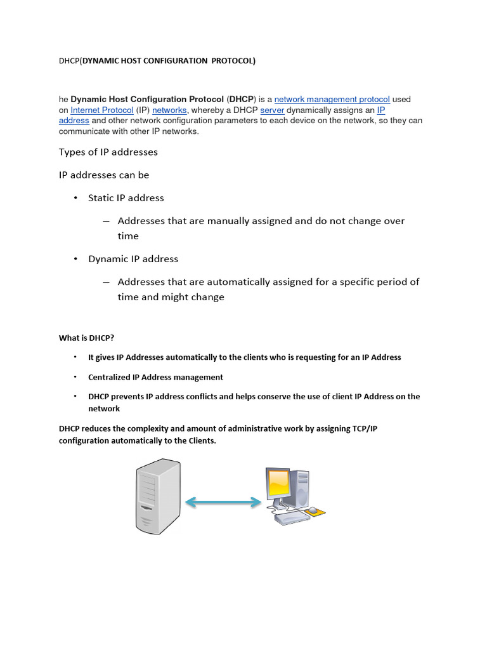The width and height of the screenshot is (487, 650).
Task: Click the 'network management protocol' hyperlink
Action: coord(332,100)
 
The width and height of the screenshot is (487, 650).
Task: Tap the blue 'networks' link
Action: coord(169,110)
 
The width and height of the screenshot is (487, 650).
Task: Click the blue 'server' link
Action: coord(272,110)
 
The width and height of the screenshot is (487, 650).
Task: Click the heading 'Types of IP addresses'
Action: coord(108,152)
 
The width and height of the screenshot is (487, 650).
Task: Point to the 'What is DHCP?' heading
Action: coord(86,338)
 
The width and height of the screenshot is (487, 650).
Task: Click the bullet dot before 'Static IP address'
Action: coord(75,198)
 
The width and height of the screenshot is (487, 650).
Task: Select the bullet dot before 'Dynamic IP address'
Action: coord(75,259)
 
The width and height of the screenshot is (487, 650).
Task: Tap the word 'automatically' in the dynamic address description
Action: coord(249,282)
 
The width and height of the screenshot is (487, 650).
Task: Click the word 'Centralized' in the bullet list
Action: coord(109,377)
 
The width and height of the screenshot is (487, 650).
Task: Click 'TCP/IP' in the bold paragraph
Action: coord(365,429)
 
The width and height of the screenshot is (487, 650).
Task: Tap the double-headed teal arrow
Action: coord(223,502)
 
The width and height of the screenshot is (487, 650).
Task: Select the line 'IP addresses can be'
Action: coord(104,175)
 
